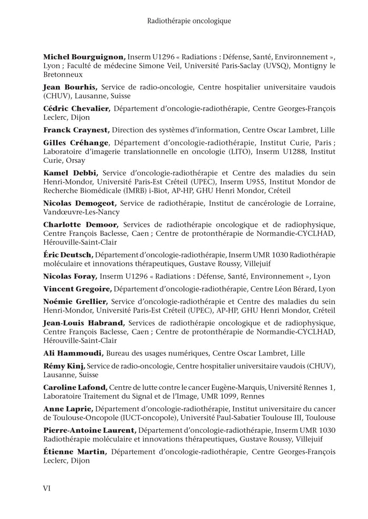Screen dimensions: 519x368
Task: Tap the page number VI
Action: click(x=47, y=487)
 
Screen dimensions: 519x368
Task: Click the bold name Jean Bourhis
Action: click(x=70, y=87)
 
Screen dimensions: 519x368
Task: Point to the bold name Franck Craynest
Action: click(x=76, y=129)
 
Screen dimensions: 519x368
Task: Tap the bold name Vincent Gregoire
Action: click(x=77, y=289)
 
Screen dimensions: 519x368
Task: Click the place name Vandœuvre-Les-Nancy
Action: click(x=81, y=212)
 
